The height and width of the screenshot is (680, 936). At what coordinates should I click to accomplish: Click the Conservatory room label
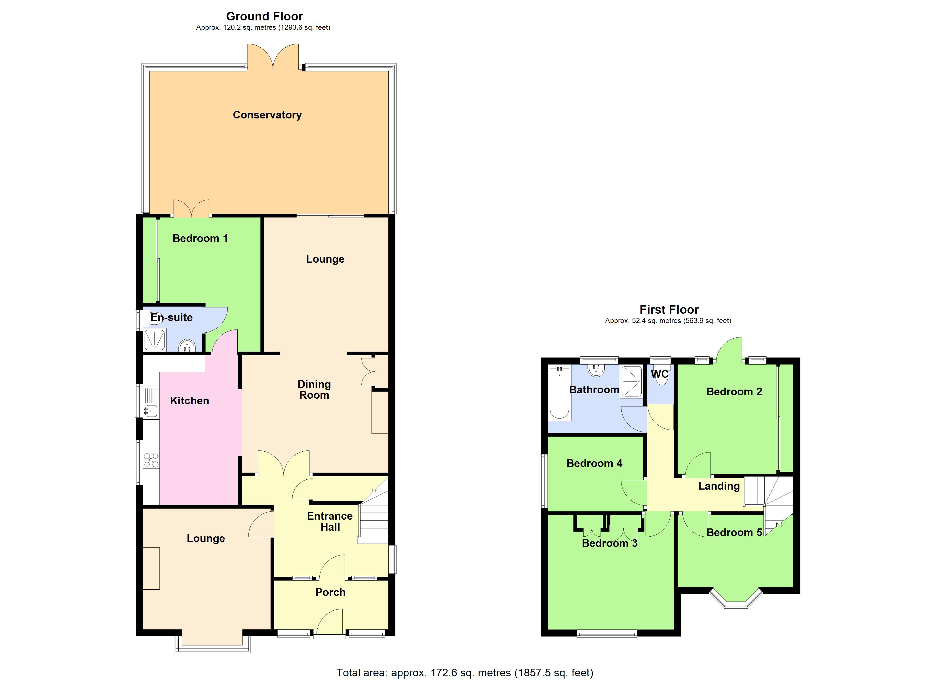tap(267, 115)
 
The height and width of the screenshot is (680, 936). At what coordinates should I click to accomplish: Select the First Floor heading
tap(669, 309)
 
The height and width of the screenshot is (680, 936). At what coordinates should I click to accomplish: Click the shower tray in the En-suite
tap(154, 340)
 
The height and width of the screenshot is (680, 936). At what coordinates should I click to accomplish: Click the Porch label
tap(330, 592)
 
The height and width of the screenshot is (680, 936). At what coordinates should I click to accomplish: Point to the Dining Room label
tap(314, 390)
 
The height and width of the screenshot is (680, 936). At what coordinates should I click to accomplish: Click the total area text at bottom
tap(465, 673)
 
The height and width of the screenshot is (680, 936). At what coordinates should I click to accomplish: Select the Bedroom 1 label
tap(200, 238)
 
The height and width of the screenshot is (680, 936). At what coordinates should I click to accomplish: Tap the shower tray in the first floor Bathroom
tap(631, 381)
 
